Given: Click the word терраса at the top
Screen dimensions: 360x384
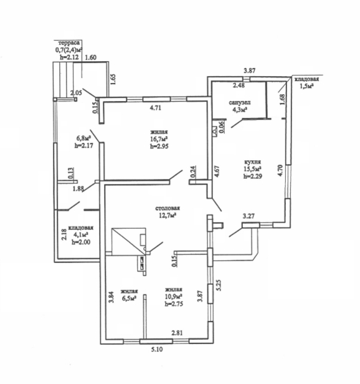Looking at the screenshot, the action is (x=69, y=43).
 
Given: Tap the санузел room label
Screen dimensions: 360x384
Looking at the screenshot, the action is (x=240, y=103).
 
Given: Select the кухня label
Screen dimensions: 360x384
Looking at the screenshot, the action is (x=253, y=162).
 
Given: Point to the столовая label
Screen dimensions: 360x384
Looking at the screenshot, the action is (x=168, y=208).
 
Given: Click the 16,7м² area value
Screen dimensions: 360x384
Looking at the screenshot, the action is (x=159, y=140).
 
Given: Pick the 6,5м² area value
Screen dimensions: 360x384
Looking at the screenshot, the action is (x=129, y=299).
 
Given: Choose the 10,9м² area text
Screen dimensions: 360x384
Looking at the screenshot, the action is (x=174, y=297).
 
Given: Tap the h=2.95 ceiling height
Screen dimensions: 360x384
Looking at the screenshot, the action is (x=159, y=146).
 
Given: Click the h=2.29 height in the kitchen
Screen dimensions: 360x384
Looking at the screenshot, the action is (x=253, y=176).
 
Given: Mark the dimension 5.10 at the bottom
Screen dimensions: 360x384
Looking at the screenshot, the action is (x=156, y=350).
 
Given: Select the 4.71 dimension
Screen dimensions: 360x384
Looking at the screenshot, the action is (x=156, y=108).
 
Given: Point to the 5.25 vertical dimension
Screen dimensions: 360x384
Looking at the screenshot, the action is (x=219, y=285).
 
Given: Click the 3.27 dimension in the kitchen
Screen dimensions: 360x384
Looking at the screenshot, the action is (x=249, y=216).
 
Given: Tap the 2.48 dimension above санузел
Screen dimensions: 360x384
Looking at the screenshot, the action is (x=239, y=85).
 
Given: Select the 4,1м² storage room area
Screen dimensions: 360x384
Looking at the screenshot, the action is (x=81, y=235).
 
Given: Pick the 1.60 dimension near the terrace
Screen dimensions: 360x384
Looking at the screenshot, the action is (x=90, y=57).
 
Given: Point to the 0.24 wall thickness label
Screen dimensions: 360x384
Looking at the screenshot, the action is (x=193, y=171).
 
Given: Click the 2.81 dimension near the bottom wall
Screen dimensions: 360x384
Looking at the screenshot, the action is (x=177, y=333).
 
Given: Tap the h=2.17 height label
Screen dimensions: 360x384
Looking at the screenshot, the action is (x=83, y=145).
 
